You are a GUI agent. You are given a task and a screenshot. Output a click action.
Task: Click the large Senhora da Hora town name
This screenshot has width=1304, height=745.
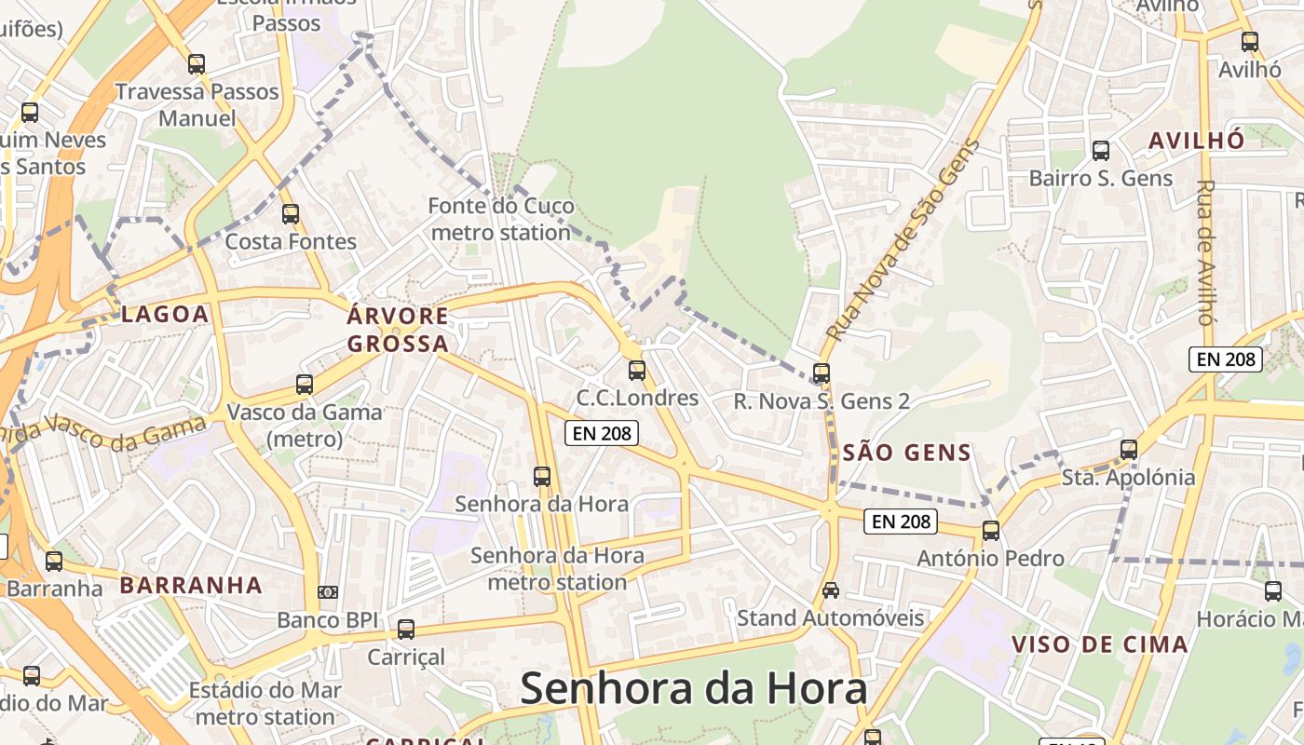pos(693,689)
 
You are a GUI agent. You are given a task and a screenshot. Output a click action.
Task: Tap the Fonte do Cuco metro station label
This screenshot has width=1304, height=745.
pos(501,219)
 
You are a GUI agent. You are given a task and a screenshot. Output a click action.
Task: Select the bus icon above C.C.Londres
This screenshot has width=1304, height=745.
pos(637,370)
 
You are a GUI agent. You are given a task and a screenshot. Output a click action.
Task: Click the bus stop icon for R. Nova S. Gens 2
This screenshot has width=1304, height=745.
pos(821,372)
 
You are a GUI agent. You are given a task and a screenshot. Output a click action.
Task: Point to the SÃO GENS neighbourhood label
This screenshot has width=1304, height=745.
pos(906,454)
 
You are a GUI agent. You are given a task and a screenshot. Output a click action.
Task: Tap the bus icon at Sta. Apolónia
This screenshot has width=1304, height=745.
pos(1129,449)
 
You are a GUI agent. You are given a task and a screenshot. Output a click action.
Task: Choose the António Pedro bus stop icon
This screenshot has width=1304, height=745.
pos(991,530)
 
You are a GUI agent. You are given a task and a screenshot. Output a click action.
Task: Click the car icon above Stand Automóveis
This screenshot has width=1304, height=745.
pos(830,589)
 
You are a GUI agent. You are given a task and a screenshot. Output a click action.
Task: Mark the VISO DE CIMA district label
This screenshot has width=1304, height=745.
pos(1099,644)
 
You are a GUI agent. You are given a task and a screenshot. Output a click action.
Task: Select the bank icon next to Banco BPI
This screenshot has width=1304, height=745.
pos(327,591)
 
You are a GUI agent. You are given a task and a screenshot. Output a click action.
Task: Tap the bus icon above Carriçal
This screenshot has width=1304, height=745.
pos(405,629)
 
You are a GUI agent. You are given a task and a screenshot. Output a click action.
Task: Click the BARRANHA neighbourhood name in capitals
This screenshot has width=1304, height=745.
pos(191,586)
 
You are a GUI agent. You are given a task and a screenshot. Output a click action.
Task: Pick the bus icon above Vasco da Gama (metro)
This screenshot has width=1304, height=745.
pos(304,384)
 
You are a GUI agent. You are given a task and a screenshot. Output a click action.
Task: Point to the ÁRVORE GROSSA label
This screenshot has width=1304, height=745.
pos(398,330)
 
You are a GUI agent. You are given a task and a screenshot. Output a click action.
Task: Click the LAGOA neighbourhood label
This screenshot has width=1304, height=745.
pos(165,314)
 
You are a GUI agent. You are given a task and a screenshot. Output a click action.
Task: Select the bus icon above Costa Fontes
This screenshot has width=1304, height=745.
pos(291,213)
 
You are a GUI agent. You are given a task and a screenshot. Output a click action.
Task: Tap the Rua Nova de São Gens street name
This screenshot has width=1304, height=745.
pos(903,239)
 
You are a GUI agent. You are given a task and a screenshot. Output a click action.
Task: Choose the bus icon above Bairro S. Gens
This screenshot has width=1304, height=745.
pos(1101,150)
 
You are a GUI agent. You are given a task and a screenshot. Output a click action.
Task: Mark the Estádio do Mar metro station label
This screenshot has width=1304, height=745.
pos(265,704)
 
